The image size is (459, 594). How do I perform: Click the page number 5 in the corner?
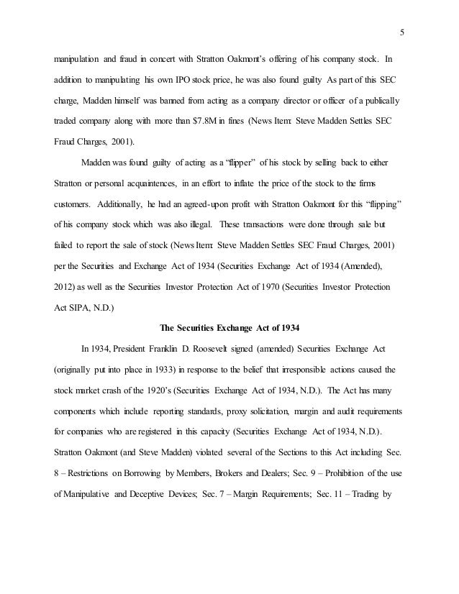click(x=403, y=32)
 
